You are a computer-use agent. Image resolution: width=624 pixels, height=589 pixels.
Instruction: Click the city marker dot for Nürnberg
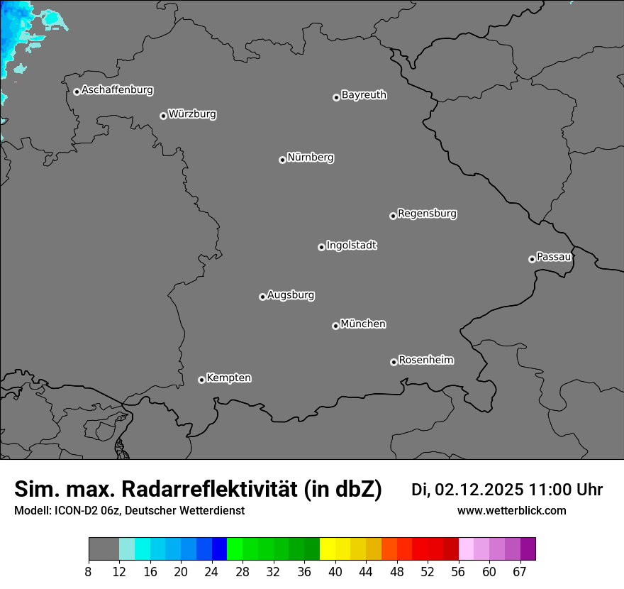[282, 160]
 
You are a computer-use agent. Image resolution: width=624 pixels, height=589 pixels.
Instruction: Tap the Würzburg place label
[192, 114]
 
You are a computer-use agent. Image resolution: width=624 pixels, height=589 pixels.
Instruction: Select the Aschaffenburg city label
[117, 90]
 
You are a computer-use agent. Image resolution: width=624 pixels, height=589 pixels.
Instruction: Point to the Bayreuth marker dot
[336, 97]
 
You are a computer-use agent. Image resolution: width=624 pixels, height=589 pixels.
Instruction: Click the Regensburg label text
[427, 214]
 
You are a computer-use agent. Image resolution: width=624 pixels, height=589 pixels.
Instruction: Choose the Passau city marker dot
[532, 259]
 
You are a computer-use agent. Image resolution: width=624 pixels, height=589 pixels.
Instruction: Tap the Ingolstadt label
[351, 246]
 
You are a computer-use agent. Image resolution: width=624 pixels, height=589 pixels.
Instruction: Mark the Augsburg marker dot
[262, 297]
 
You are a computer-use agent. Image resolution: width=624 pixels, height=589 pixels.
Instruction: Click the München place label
[363, 324]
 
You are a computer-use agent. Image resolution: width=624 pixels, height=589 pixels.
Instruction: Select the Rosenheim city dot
[394, 363]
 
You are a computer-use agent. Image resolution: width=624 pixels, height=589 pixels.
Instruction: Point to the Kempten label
[228, 378]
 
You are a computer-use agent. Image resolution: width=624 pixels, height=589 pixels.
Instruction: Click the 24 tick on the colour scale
[211, 572]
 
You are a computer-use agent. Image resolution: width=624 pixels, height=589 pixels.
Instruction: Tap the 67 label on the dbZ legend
[520, 572]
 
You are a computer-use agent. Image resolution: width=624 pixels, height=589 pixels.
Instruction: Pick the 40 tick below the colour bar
[335, 572]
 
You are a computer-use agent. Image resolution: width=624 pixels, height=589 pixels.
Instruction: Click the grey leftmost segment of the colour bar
[104, 549]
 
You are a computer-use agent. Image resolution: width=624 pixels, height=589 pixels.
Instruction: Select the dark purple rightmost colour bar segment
[528, 549]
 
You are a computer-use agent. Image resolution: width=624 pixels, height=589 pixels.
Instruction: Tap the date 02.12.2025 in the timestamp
[479, 490]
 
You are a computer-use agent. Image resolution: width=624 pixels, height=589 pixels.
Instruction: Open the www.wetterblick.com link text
[511, 510]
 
